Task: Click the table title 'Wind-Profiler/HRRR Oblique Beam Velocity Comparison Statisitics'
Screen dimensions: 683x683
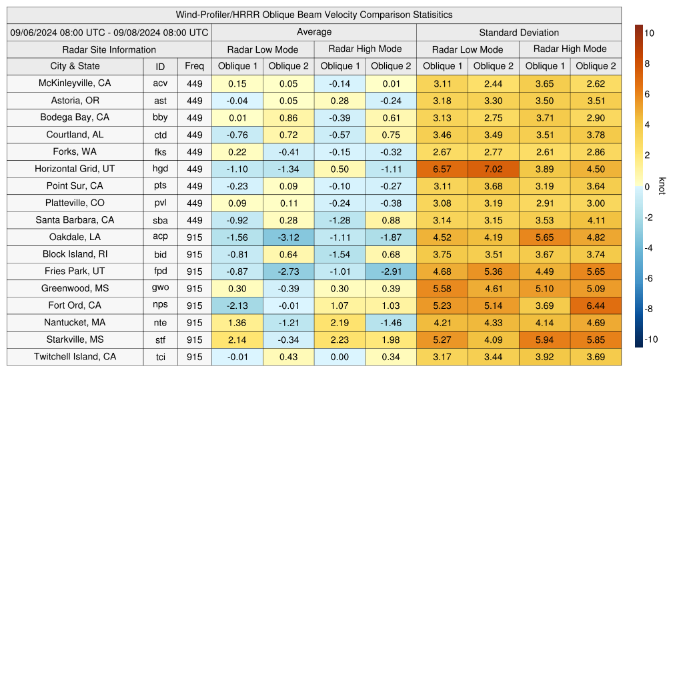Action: (x=314, y=15)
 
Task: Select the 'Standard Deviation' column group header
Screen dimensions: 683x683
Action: (x=519, y=32)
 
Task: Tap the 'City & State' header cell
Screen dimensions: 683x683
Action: (x=75, y=66)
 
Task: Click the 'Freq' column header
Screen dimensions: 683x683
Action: (x=194, y=66)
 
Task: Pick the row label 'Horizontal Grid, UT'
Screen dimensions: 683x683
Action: (x=75, y=169)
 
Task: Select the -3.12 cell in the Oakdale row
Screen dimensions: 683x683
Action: (x=288, y=237)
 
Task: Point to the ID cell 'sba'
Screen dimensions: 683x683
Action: (x=160, y=220)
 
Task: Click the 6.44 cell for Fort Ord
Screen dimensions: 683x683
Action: (x=596, y=305)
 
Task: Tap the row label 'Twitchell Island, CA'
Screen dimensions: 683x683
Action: (x=75, y=357)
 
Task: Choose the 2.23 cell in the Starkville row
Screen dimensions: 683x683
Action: (x=339, y=339)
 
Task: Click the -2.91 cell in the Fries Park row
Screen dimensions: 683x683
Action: (x=391, y=271)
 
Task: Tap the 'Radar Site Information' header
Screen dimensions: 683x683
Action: (x=109, y=49)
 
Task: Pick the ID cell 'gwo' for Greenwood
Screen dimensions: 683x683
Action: (x=160, y=288)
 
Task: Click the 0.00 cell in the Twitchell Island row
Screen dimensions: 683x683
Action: (x=339, y=357)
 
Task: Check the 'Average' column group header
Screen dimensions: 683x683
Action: (x=314, y=32)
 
